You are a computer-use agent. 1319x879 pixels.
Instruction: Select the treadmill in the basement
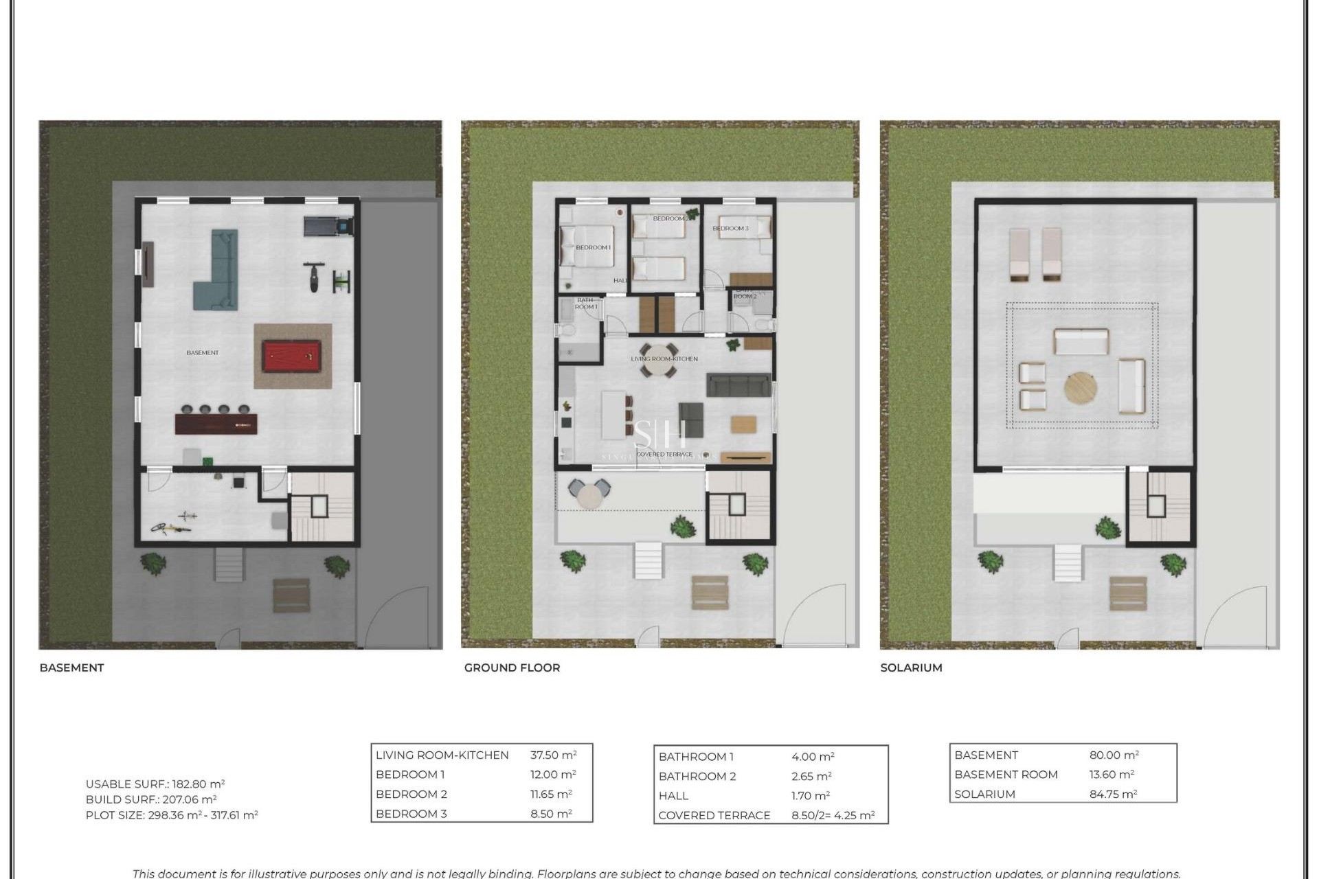pos(328,225)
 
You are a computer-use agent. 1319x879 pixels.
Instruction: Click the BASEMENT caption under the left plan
pos(71,667)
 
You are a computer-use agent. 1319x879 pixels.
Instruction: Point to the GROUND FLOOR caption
pos(512,667)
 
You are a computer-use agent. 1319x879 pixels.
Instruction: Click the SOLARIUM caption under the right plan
pos(911,667)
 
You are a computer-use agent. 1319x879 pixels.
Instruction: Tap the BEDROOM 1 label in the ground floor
pos(593,247)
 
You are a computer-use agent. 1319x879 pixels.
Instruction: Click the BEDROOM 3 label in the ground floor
pos(730,228)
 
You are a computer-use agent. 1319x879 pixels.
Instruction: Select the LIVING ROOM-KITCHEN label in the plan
pos(664,358)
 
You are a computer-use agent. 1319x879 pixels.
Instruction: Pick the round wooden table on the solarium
pos(1080,388)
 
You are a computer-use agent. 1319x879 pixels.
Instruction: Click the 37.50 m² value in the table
pos(553,755)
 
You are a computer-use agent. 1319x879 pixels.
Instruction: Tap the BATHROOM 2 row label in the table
pos(697,776)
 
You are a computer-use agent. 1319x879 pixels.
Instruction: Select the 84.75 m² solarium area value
pos(1113,794)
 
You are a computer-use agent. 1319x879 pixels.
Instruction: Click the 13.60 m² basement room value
pos(1111,774)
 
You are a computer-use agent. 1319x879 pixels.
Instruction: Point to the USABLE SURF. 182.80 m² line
pos(155,784)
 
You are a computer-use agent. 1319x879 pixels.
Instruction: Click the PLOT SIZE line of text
pos(172,815)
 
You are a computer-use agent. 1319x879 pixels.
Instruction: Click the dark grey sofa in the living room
pos(739,385)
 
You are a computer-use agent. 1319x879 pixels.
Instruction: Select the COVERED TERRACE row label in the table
pos(714,815)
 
